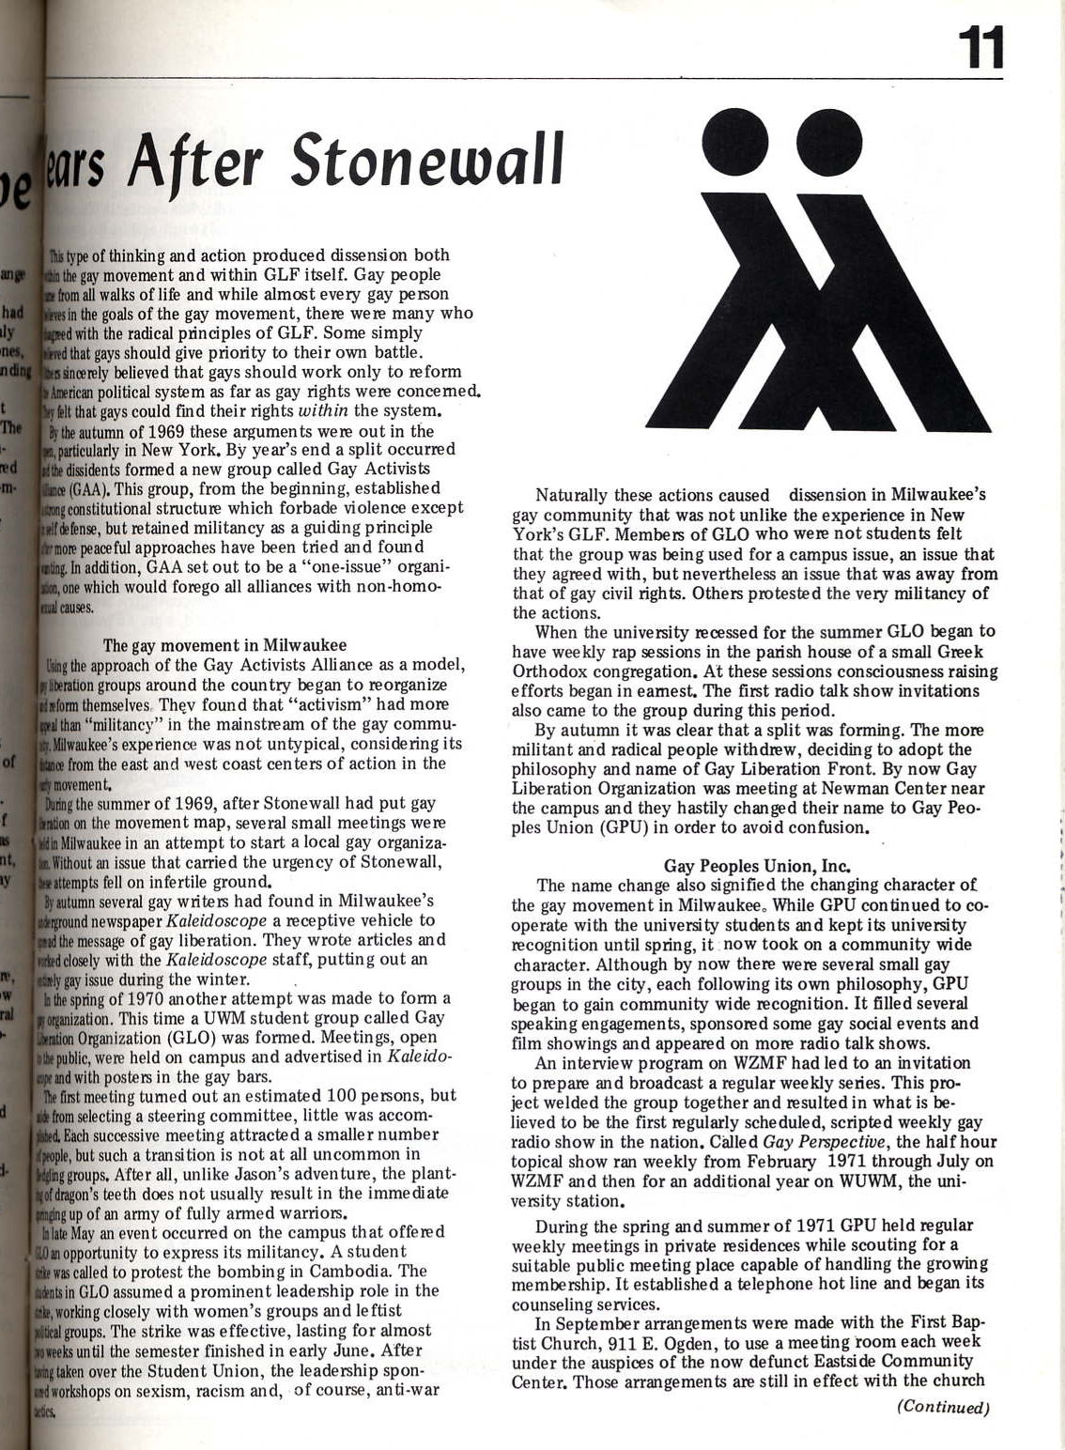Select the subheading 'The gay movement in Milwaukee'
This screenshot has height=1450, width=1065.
(224, 645)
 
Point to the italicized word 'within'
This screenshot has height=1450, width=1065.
(324, 410)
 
